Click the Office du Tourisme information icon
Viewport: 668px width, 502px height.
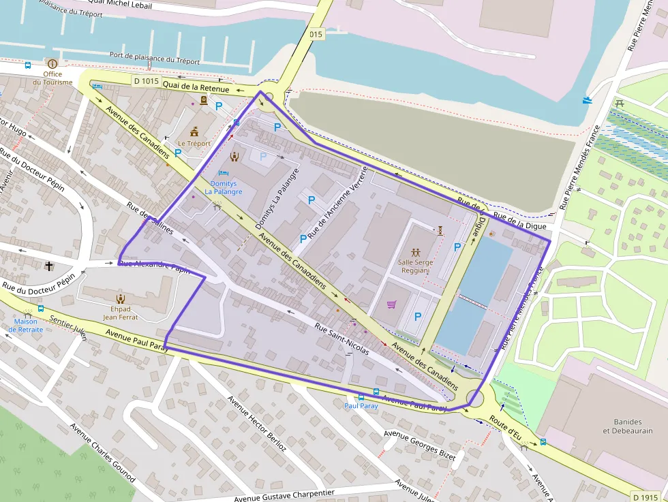click(52, 63)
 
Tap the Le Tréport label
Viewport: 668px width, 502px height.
click(194, 144)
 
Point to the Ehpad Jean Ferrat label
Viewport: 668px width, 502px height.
click(120, 313)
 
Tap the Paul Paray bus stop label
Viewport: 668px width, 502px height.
click(361, 405)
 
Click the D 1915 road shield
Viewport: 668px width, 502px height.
click(644, 496)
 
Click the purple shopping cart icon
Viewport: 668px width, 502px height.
click(391, 304)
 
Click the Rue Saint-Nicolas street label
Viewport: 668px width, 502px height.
click(341, 339)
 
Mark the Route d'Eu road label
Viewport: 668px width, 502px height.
click(505, 427)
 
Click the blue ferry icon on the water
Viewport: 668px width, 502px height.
click(588, 100)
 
